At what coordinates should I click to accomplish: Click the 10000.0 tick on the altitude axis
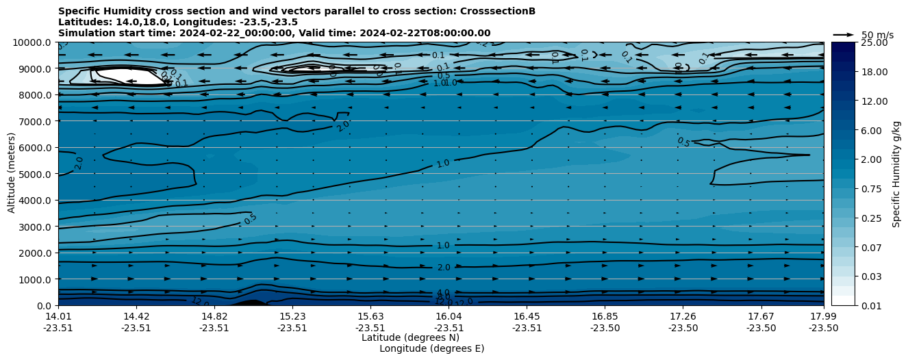pyautogui.click(x=33, y=42)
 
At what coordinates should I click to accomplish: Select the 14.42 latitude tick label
pyautogui.click(x=136, y=316)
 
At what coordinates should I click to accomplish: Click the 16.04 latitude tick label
pyautogui.click(x=449, y=316)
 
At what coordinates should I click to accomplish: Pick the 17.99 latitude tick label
pyautogui.click(x=823, y=316)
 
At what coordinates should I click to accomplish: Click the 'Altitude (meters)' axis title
pyautogui.click(x=12, y=174)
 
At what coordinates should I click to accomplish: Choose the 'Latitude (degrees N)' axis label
pyautogui.click(x=410, y=337)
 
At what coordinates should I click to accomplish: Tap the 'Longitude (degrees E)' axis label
pyautogui.click(x=431, y=348)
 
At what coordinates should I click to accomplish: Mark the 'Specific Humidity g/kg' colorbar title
pyautogui.click(x=897, y=174)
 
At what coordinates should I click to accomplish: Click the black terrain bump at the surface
pyautogui.click(x=251, y=302)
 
